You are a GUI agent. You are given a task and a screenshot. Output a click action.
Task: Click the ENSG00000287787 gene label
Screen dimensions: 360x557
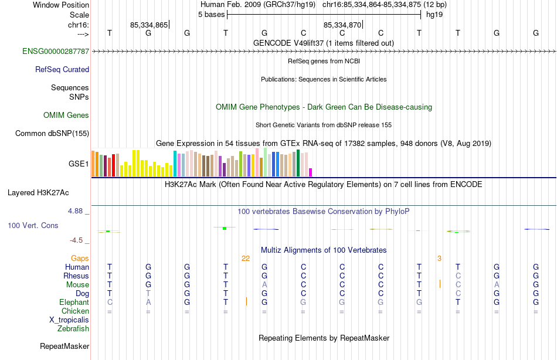click(x=56, y=52)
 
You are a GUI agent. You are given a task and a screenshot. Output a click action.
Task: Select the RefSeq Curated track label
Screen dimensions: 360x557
click(x=62, y=69)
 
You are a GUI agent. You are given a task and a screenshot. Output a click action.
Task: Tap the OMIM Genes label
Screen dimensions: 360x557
click(x=66, y=115)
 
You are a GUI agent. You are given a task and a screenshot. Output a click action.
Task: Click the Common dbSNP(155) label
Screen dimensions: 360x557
click(x=52, y=133)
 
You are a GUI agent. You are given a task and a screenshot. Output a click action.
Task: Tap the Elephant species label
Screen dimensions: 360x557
click(x=74, y=302)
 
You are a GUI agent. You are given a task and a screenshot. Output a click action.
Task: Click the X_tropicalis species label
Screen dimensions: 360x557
click(x=69, y=320)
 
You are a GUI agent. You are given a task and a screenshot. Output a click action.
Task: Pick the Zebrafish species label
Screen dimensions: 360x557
click(x=73, y=328)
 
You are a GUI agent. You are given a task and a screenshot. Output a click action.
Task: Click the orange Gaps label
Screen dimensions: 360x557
click(x=80, y=258)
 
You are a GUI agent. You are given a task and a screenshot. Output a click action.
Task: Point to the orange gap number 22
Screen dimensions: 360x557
click(x=246, y=258)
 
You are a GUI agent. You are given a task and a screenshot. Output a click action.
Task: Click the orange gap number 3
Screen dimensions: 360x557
click(x=439, y=258)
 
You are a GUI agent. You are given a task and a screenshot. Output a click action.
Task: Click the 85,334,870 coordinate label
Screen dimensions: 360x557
click(x=342, y=25)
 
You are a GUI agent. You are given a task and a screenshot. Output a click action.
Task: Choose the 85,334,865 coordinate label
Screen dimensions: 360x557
click(x=149, y=25)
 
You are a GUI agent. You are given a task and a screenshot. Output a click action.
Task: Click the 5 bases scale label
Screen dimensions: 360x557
click(x=211, y=15)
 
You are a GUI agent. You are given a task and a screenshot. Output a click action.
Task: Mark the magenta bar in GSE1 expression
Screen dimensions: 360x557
click(x=310, y=172)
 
